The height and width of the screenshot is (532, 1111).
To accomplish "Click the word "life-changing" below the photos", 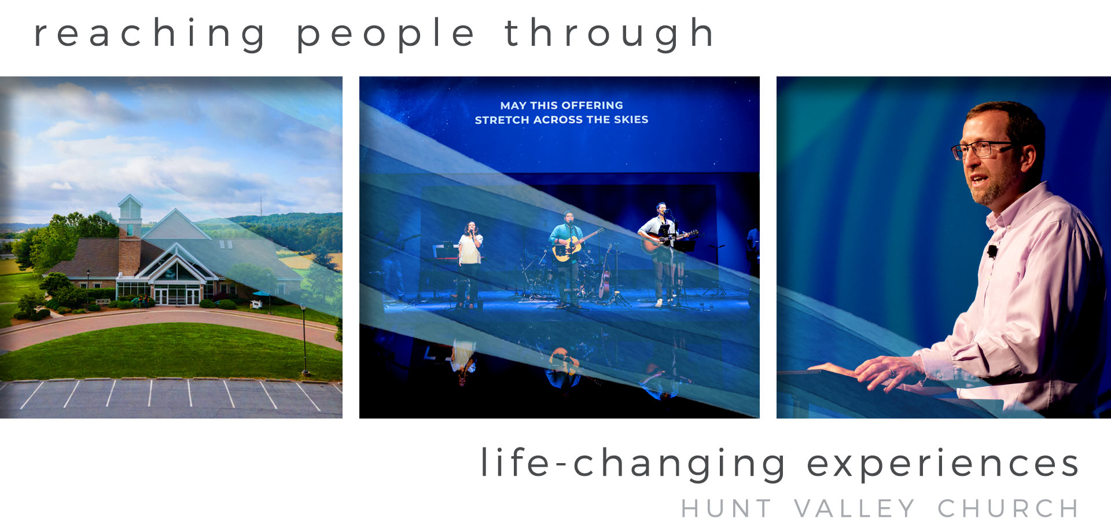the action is coord(633,464).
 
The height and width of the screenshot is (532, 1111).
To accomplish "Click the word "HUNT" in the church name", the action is coord(726,509).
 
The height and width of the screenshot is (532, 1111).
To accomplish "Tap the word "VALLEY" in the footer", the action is coord(855,509).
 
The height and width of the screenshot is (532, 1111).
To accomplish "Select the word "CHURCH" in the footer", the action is coord(1008,509).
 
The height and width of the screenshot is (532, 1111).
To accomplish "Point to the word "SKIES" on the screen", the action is coord(631,119).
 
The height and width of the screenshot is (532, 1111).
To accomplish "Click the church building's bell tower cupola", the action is coord(130,210).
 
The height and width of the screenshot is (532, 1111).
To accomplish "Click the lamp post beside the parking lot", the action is coord(304,339).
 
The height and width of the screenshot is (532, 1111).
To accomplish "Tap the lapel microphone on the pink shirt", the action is coord(992,251).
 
